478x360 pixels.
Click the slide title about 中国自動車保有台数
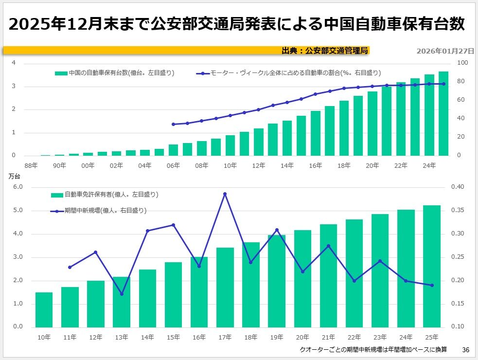click(237, 23)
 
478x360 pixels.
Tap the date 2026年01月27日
click(445, 51)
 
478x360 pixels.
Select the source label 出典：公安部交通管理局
click(325, 50)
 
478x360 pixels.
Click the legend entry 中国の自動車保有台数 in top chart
click(115, 73)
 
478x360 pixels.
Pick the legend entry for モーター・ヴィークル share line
click(289, 73)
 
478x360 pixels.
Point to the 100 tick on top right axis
click(462, 63)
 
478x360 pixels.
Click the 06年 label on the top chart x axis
click(173, 165)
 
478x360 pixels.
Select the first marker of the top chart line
click(174, 124)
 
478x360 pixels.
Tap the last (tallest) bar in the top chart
click(443, 113)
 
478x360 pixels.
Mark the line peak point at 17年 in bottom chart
click(225, 194)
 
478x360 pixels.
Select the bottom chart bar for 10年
click(44, 309)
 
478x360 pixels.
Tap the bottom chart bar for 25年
click(432, 266)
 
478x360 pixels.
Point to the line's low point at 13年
click(122, 294)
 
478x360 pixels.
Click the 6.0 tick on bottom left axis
click(18, 187)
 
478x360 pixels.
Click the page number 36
click(465, 350)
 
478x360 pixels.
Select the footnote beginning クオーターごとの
click(372, 350)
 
